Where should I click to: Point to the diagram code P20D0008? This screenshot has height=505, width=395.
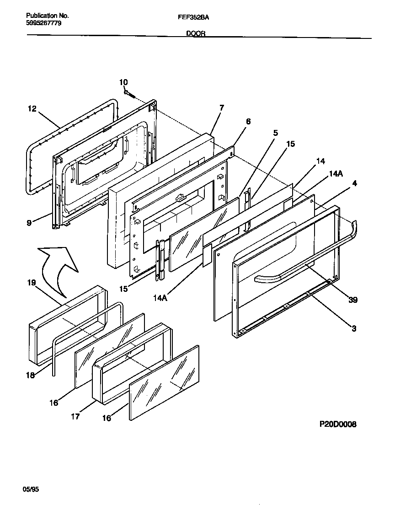[337, 424]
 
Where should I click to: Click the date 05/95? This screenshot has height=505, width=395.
[31, 489]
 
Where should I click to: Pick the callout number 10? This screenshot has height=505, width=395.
[123, 82]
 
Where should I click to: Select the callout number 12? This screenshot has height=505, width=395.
[32, 109]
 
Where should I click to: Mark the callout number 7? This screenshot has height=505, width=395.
[222, 108]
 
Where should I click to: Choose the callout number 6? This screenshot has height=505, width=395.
[248, 121]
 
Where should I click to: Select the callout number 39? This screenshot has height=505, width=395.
[352, 300]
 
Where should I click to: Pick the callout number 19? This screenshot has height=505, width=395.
[32, 283]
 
